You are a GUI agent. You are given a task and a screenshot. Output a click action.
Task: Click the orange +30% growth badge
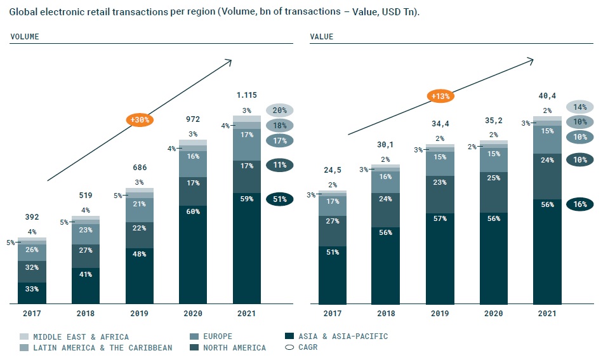click(140, 119)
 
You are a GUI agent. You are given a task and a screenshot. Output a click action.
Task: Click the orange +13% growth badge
click(440, 97)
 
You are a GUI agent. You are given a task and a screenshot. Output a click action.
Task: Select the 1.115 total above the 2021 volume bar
click(247, 95)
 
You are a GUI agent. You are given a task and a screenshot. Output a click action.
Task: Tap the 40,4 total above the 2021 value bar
click(547, 95)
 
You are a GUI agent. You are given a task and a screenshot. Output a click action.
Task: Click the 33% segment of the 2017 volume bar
click(32, 289)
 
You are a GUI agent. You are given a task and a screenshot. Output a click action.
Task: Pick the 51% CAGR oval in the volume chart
click(280, 199)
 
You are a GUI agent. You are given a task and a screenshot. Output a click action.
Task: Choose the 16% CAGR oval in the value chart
click(580, 204)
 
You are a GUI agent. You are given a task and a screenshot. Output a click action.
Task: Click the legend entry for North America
click(234, 348)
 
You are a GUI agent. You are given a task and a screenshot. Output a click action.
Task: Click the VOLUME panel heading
click(25, 37)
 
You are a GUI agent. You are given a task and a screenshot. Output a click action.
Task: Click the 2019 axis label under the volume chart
click(139, 314)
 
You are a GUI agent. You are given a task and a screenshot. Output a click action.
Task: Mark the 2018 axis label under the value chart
click(386, 314)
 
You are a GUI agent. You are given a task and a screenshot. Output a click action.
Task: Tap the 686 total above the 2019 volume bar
click(140, 168)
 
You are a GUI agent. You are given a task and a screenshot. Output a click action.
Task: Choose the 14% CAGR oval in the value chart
click(580, 107)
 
